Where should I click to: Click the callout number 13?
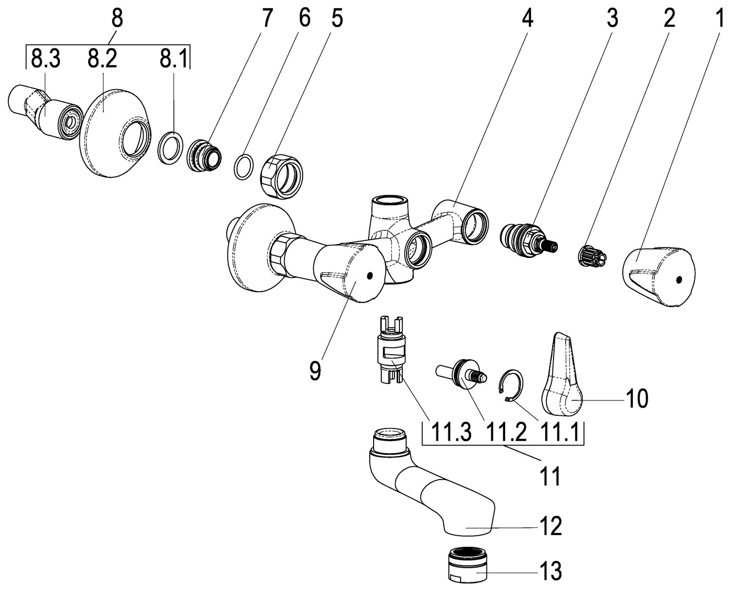tap(550, 571)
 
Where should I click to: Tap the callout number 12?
tap(550, 526)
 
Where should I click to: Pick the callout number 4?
tap(527, 19)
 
